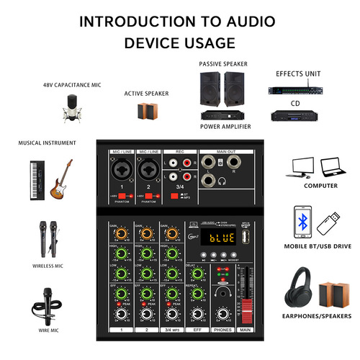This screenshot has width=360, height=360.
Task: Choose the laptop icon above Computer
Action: [x=330, y=166]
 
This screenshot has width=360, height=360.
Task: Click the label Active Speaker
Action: [x=146, y=93]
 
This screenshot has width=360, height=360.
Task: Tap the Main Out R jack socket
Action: [x=210, y=180]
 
